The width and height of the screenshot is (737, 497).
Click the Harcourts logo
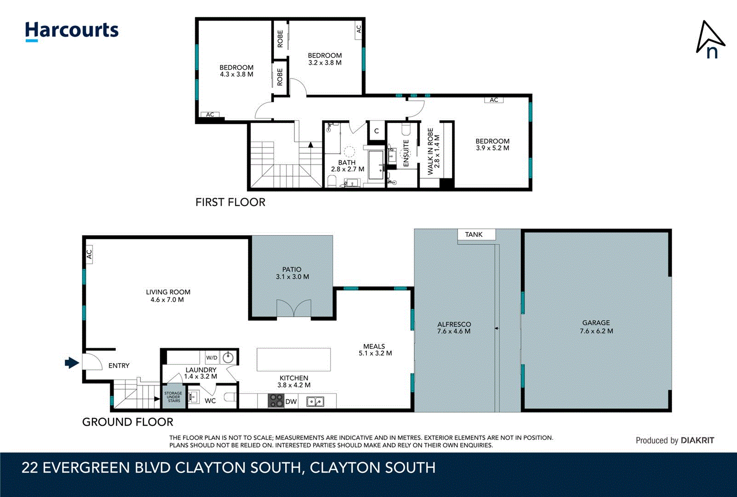72,31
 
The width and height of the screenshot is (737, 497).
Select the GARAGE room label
596,323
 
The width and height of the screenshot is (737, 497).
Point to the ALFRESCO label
454,324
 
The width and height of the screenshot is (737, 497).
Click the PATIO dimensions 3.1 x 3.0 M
292,277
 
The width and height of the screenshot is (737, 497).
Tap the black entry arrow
72,363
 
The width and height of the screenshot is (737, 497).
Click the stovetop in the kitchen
276,401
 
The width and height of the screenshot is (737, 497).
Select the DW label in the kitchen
291,402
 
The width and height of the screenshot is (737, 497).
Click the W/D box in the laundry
211,358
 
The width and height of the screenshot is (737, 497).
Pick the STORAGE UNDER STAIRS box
173,397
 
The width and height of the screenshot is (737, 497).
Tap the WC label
210,401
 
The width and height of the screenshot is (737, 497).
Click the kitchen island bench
293,359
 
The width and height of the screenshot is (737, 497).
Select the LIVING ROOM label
168,292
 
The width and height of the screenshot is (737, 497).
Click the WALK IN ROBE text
430,152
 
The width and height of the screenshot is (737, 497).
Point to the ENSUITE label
406,153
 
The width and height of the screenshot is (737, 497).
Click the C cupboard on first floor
376,131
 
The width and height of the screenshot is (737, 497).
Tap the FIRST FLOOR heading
230,202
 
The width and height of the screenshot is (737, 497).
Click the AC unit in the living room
89,254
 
